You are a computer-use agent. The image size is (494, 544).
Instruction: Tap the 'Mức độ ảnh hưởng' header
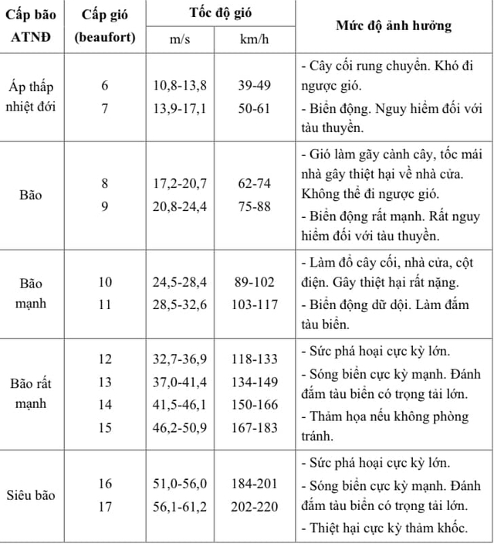(394, 26)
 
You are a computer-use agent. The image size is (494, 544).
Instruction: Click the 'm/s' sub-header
(181, 39)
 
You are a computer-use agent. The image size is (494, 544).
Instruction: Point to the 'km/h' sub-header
(252, 39)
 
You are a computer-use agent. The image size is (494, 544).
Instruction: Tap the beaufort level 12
(105, 359)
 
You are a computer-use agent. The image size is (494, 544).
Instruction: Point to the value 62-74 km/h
(252, 185)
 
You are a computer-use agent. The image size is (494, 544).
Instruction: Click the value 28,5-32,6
(180, 304)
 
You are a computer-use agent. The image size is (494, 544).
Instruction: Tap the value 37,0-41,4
(180, 381)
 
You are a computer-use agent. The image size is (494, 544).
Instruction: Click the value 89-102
(252, 282)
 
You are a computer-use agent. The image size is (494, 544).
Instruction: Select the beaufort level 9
(105, 207)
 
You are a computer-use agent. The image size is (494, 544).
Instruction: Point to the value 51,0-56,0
(180, 484)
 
